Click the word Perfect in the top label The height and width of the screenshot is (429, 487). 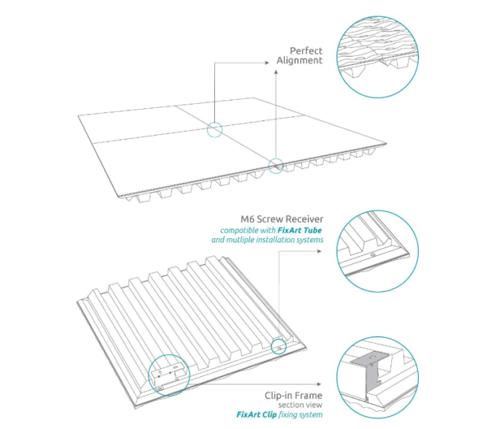[x=306, y=50]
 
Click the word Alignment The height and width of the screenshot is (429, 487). [x=300, y=60]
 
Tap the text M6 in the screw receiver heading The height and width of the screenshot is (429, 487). [x=248, y=219]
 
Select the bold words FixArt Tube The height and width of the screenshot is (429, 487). [x=300, y=231]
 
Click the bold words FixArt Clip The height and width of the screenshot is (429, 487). [x=256, y=414]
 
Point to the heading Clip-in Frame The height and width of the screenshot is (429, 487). [x=294, y=396]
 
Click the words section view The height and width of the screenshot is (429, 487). [x=300, y=405]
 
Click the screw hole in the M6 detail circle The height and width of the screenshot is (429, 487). [x=373, y=254]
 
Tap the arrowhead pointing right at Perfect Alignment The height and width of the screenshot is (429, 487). [x=267, y=63]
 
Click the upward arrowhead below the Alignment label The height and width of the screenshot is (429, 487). [x=276, y=72]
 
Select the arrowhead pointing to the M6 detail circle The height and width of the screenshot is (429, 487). [x=319, y=251]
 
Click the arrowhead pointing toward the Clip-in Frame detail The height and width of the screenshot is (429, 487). [x=319, y=384]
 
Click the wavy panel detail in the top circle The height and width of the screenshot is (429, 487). [x=377, y=57]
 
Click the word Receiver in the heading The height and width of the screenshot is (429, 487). [x=307, y=219]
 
